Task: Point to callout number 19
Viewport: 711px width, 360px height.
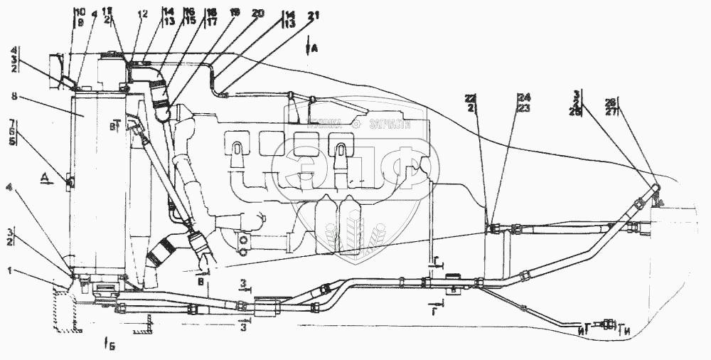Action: point(235,14)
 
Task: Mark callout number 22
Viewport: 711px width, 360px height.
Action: point(488,97)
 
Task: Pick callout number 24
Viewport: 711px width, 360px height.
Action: point(525,97)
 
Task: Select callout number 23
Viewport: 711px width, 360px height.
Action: point(525,107)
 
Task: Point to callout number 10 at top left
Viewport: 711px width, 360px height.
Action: point(78,12)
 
